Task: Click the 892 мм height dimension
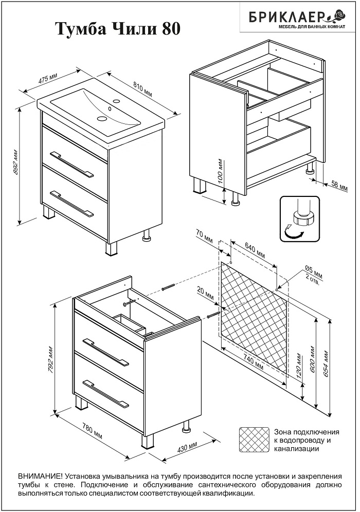(x=16, y=163)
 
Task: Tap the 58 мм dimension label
(x=335, y=185)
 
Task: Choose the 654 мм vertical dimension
(x=326, y=363)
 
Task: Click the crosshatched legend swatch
(x=254, y=440)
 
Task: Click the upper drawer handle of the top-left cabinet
(x=72, y=163)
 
